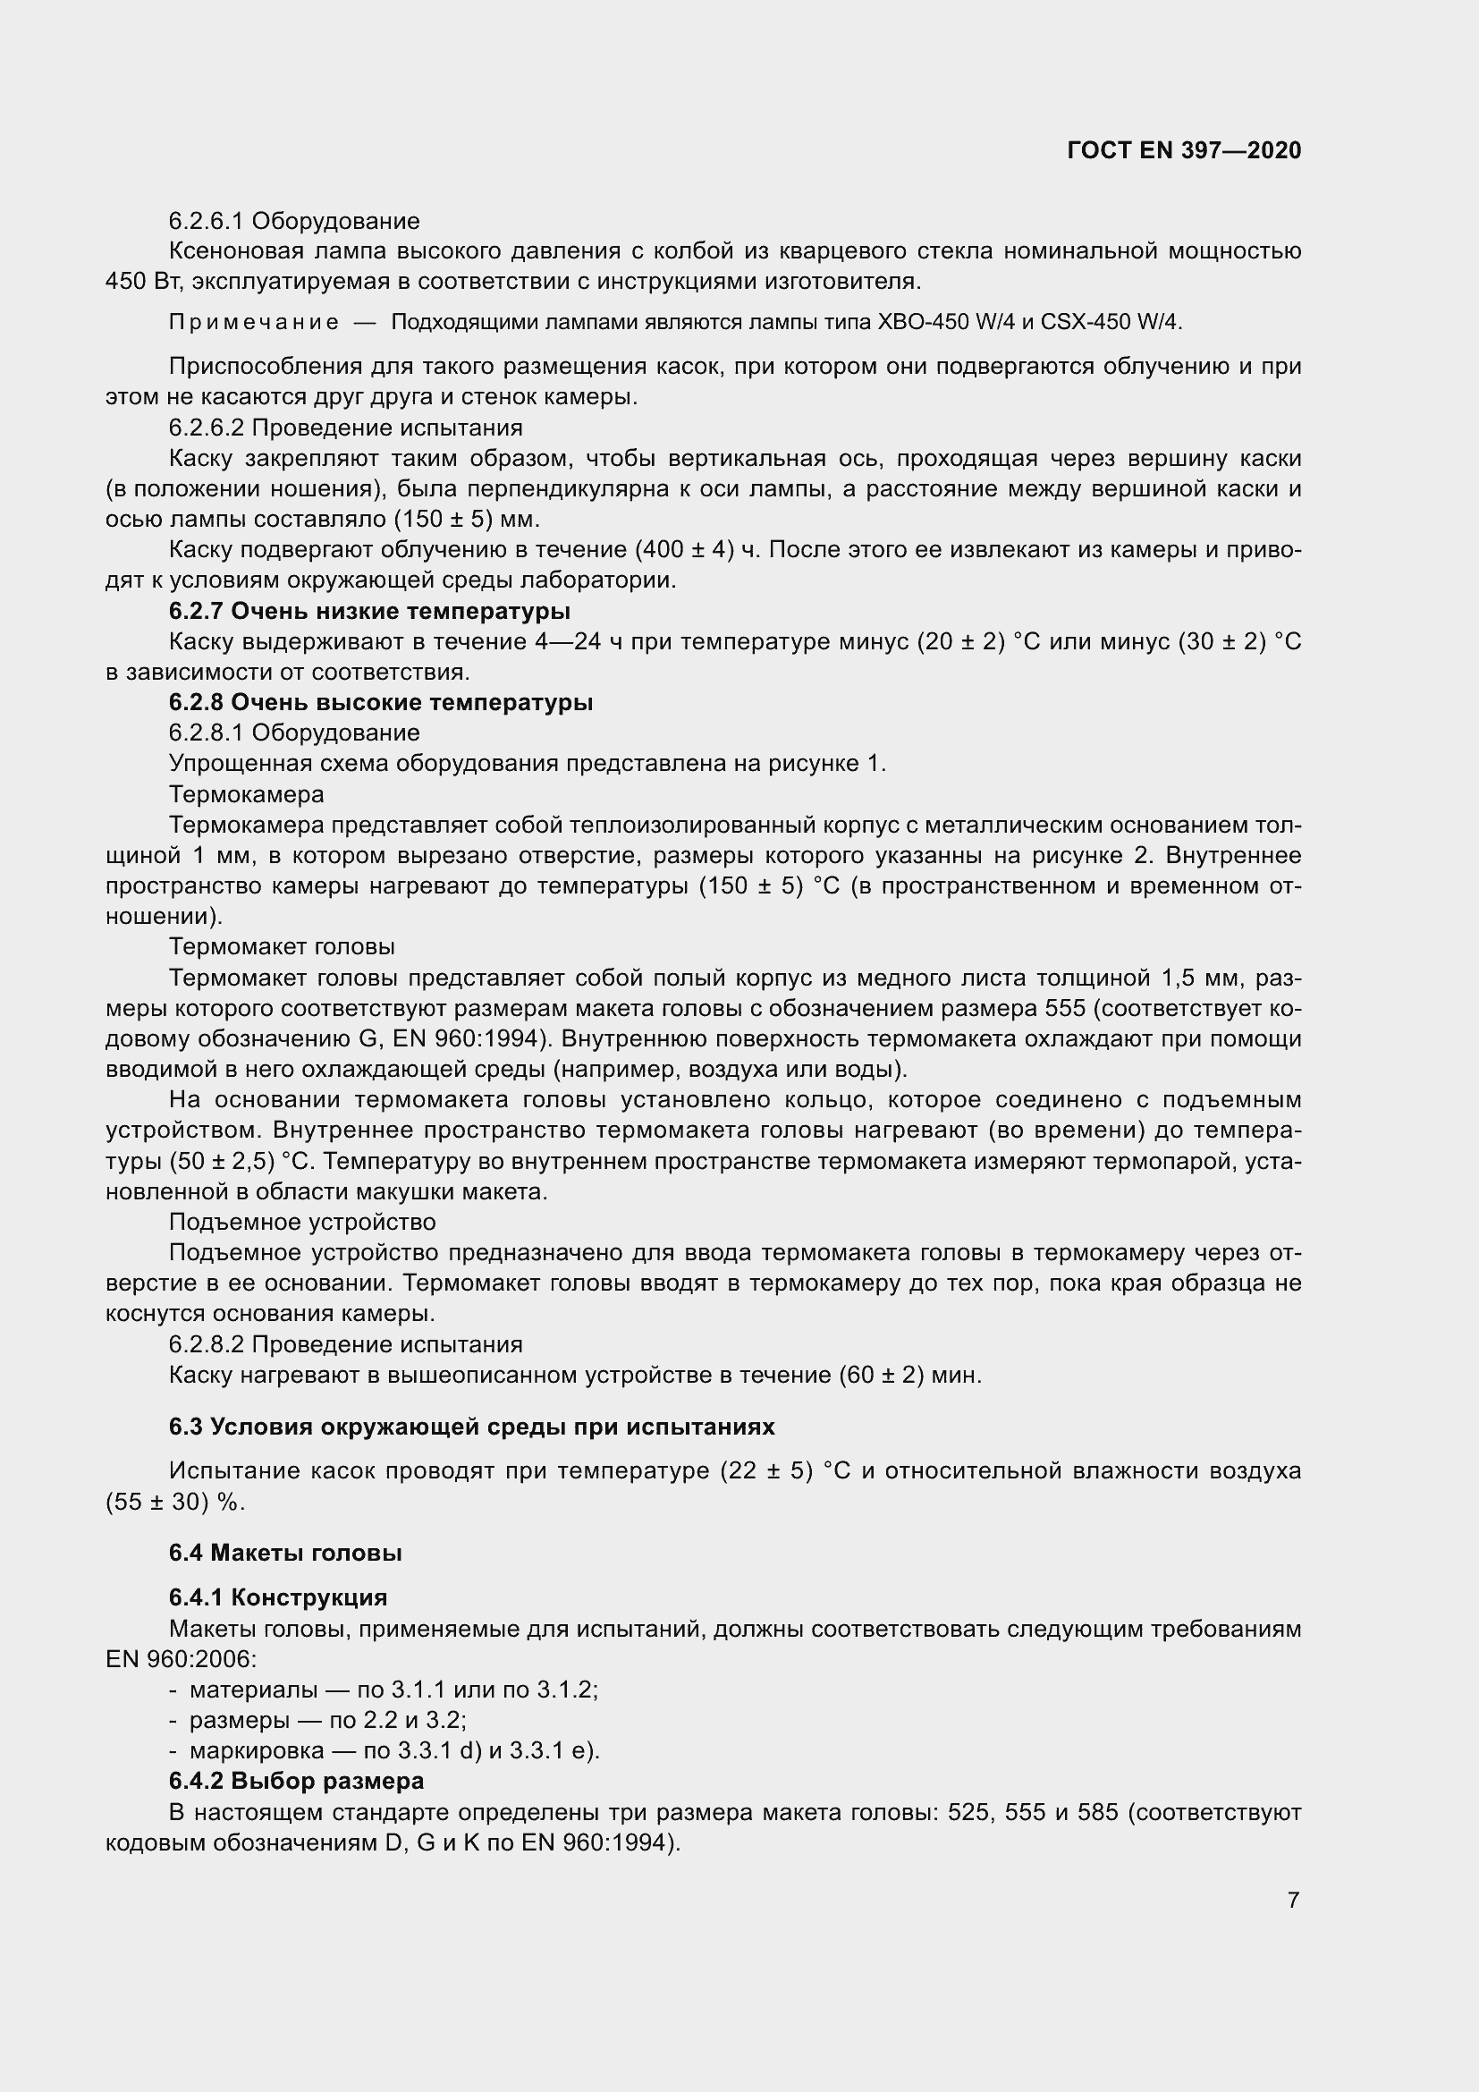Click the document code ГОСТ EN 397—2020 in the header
(1183, 150)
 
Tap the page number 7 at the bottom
(1293, 1900)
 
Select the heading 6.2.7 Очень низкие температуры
(370, 611)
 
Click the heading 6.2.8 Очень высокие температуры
(381, 702)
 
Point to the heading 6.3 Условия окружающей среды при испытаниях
(472, 1427)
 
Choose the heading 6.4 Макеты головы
(285, 1553)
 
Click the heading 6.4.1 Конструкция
(278, 1597)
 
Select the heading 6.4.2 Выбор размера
(296, 1781)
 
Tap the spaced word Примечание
(254, 323)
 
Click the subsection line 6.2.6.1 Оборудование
(294, 221)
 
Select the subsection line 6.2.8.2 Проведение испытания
(345, 1344)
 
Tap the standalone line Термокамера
(246, 794)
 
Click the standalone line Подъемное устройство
(302, 1222)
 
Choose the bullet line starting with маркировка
(393, 1750)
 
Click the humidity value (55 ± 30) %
(175, 1502)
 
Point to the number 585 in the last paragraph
(1097, 1811)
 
